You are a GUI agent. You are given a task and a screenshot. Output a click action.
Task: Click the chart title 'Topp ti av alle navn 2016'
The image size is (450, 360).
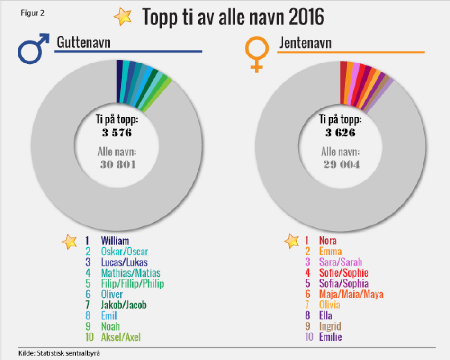233,17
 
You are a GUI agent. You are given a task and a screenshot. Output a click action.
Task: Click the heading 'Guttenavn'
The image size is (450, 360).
83,43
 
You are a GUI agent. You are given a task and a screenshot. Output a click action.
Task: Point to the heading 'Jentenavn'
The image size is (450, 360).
305,43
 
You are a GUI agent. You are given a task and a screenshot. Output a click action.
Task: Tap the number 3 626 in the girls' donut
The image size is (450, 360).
340,133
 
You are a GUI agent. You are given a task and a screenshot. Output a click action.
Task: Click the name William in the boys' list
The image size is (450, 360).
115,241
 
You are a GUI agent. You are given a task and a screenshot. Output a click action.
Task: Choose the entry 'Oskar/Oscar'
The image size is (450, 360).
124,252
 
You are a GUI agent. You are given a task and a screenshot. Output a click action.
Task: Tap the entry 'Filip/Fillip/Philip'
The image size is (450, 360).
132,284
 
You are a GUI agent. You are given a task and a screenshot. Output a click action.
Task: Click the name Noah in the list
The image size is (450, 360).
110,326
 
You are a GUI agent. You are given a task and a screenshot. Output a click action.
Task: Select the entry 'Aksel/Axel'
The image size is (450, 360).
120,337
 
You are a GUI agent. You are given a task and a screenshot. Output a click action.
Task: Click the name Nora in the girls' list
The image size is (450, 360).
328,241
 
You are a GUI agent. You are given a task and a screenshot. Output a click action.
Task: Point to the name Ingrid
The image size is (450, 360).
330,326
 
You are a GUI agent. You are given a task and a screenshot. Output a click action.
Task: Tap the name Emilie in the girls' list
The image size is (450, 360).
330,337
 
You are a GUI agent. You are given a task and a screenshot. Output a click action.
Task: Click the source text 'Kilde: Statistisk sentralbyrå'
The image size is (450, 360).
60,352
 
